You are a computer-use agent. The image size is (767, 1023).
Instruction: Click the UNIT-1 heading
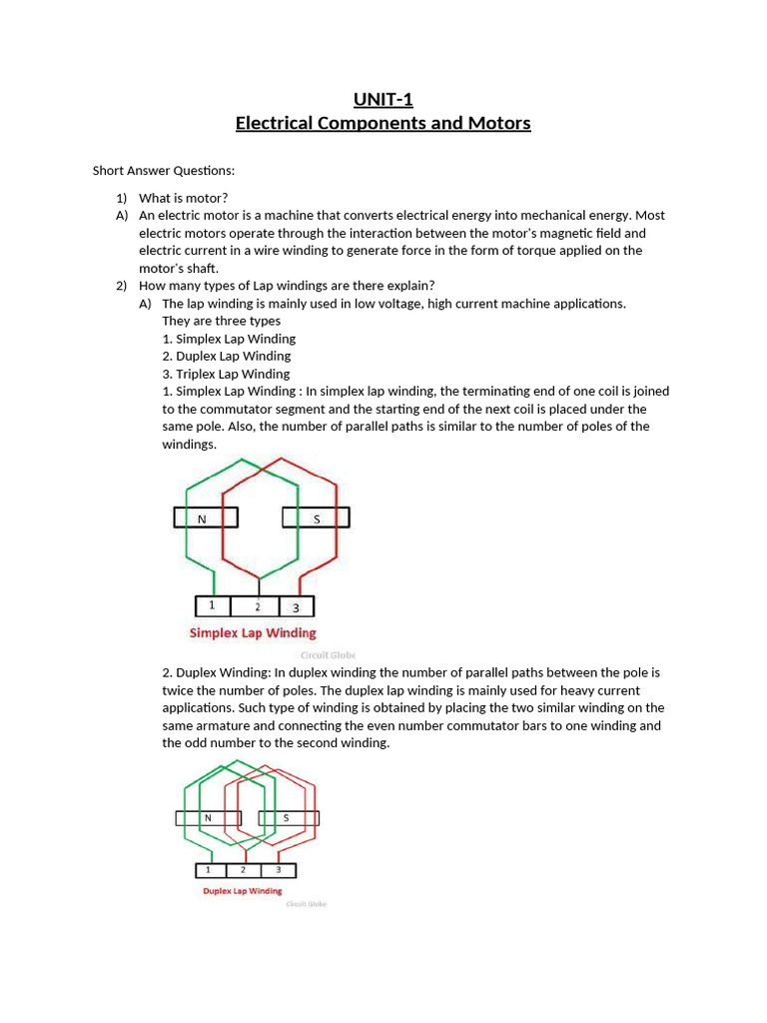[383, 98]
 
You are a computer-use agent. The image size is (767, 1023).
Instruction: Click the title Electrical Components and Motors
[383, 123]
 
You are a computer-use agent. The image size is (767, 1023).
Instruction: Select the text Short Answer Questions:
[164, 171]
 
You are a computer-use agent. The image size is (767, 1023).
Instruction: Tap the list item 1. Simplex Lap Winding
[229, 339]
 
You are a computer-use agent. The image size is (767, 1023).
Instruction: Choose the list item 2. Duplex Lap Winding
[226, 356]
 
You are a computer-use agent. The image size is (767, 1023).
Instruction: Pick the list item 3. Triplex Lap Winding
[226, 374]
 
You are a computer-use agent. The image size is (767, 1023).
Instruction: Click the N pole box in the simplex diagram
[206, 517]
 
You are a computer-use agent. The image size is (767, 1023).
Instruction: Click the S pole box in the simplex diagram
[316, 517]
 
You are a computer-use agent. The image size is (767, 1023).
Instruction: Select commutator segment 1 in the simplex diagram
[212, 606]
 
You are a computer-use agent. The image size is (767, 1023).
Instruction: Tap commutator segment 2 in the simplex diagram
[257, 606]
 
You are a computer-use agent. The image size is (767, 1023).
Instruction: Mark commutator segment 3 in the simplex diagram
[297, 606]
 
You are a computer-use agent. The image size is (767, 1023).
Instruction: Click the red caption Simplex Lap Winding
[253, 632]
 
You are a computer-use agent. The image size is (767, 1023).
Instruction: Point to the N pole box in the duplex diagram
[208, 818]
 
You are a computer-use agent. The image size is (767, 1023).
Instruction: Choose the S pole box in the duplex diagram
[288, 818]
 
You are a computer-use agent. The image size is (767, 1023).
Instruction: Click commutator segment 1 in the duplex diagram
[210, 869]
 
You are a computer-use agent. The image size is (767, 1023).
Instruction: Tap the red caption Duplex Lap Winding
[242, 890]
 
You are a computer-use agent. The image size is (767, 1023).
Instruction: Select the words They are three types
[221, 321]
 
